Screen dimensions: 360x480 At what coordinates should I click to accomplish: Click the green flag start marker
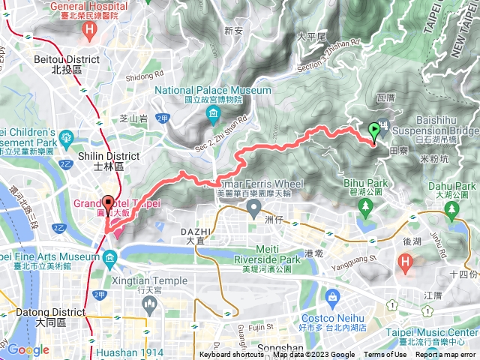click(374, 133)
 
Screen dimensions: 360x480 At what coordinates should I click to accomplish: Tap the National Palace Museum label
click(213, 91)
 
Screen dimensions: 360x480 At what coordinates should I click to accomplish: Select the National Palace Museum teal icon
click(214, 114)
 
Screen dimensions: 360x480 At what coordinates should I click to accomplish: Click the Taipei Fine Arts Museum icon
click(111, 259)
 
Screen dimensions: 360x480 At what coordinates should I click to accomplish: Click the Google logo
click(28, 349)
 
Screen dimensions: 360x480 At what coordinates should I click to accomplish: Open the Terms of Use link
click(384, 355)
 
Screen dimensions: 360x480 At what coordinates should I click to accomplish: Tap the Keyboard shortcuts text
click(231, 355)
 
